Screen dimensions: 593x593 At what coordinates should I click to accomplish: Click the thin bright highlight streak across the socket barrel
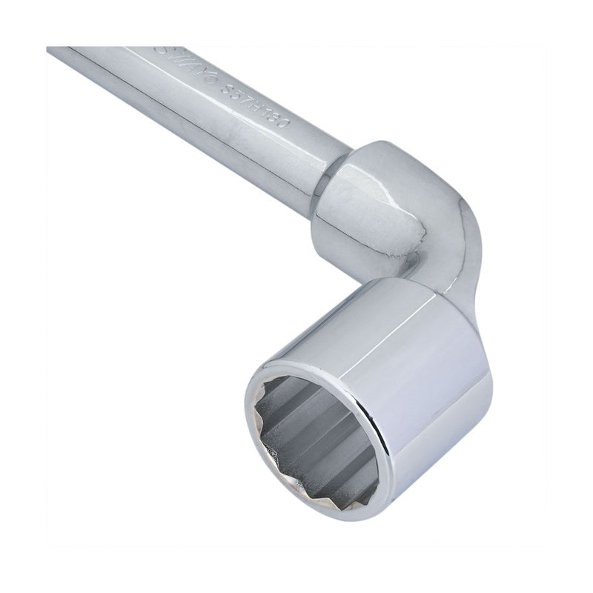point(445,326)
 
